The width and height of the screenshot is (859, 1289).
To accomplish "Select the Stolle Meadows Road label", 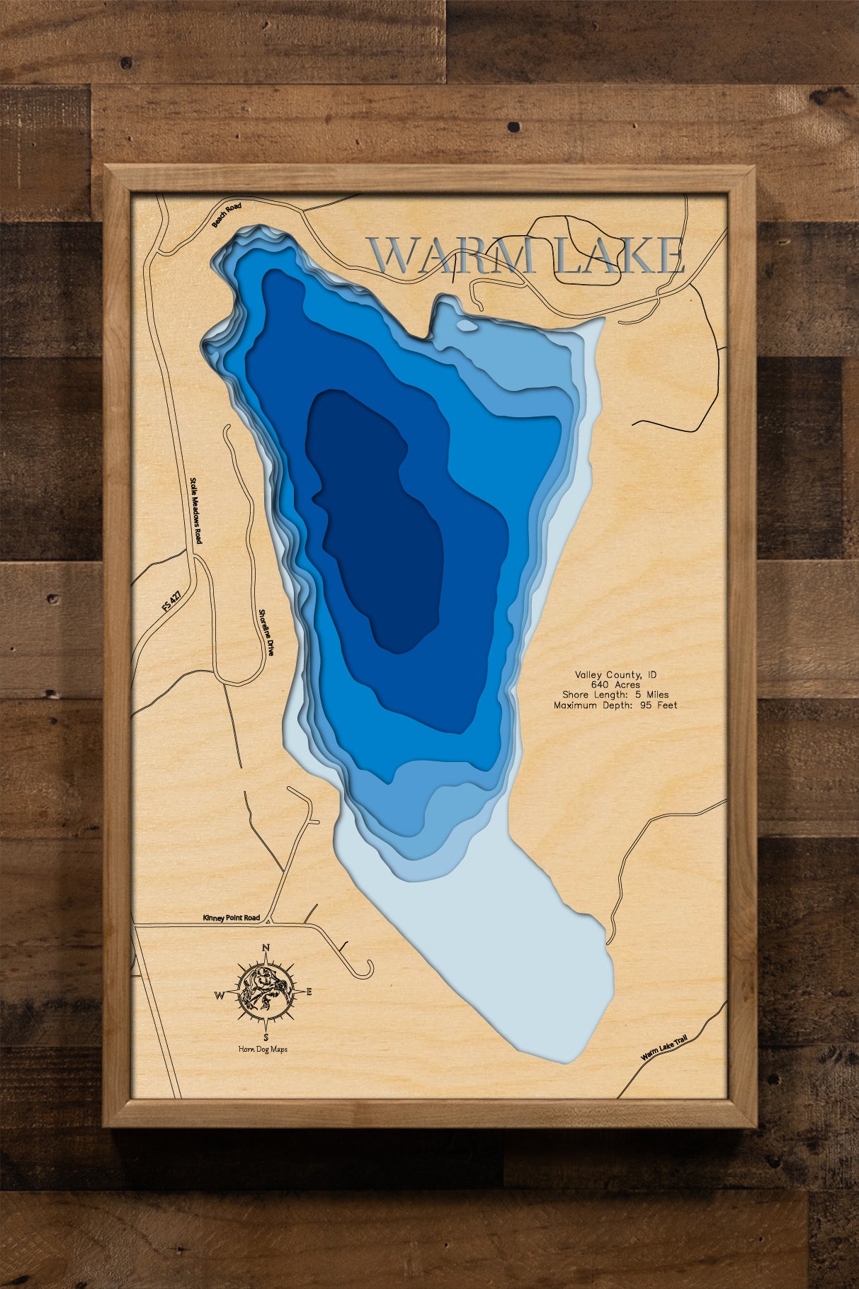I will click(195, 510).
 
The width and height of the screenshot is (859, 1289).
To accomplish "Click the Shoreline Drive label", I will click(265, 632).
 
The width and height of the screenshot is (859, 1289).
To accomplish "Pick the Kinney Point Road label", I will click(231, 918).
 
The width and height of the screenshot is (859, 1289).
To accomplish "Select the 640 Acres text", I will click(615, 685).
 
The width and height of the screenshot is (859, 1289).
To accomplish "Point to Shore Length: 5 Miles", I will click(615, 695).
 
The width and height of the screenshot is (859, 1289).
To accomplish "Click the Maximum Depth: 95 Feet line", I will click(615, 705).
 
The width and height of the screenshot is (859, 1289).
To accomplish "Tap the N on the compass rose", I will click(266, 948).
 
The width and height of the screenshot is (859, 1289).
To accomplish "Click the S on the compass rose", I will click(266, 1038).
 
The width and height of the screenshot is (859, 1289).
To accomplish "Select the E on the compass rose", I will click(309, 992).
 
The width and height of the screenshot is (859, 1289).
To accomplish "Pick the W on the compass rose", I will click(219, 995).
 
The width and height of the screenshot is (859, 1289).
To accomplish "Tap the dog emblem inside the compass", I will click(264, 992).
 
